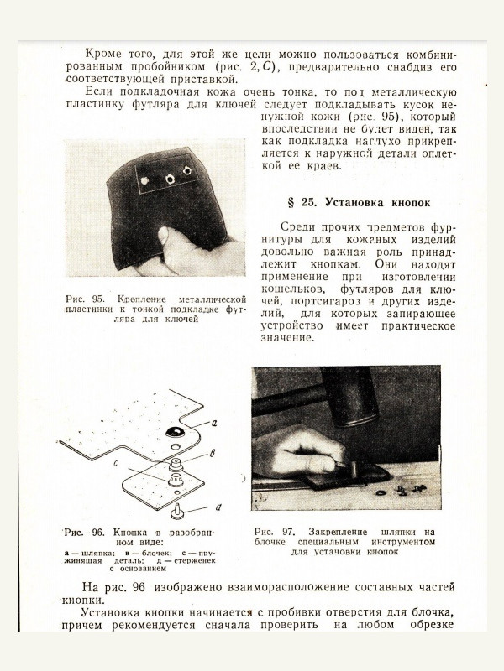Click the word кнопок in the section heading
(407, 203)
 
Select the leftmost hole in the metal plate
(144, 179)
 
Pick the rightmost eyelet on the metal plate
(186, 171)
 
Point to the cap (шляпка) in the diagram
(177, 431)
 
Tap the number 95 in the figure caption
(98, 299)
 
